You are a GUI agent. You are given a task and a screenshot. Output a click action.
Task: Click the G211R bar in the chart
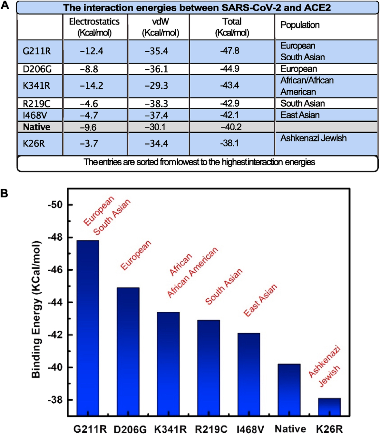click(88, 327)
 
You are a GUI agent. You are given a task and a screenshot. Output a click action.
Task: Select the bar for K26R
click(329, 407)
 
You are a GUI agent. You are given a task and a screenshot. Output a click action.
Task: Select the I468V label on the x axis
click(250, 429)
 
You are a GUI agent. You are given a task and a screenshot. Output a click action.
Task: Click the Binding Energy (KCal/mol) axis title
click(36, 309)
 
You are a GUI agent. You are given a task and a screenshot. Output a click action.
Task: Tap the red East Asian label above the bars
click(260, 300)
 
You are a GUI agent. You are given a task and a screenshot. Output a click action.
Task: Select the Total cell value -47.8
click(230, 51)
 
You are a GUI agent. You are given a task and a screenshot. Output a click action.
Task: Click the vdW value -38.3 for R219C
click(157, 104)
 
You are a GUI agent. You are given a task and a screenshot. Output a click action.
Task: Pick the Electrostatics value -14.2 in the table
click(92, 85)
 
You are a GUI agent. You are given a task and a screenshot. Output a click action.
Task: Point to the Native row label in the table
click(36, 127)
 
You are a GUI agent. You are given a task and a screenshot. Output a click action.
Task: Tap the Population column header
click(300, 25)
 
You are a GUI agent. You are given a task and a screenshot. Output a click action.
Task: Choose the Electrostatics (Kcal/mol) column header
click(94, 27)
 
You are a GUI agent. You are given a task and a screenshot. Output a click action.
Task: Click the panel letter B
click(5, 194)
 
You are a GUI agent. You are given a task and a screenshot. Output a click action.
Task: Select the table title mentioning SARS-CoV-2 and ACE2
click(197, 8)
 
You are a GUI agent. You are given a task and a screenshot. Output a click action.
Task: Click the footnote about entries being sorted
click(199, 162)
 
